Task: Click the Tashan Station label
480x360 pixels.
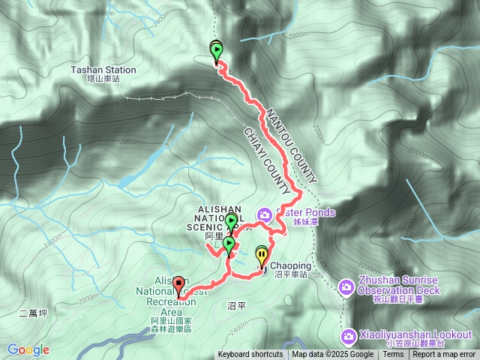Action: (x=103, y=70)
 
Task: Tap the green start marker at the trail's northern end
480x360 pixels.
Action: (x=217, y=52)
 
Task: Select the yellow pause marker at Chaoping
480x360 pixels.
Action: (x=261, y=255)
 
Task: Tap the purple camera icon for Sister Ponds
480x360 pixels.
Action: (x=264, y=215)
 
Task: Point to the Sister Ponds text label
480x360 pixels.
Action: (x=306, y=212)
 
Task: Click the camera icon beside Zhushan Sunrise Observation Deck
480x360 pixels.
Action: (x=346, y=286)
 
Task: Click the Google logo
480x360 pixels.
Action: (x=28, y=349)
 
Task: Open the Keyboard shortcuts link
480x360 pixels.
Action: (x=250, y=355)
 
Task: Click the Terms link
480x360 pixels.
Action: (x=393, y=355)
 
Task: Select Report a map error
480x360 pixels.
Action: (x=444, y=355)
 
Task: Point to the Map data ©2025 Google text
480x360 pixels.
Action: (x=333, y=355)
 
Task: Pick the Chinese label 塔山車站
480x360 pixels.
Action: (x=103, y=79)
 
